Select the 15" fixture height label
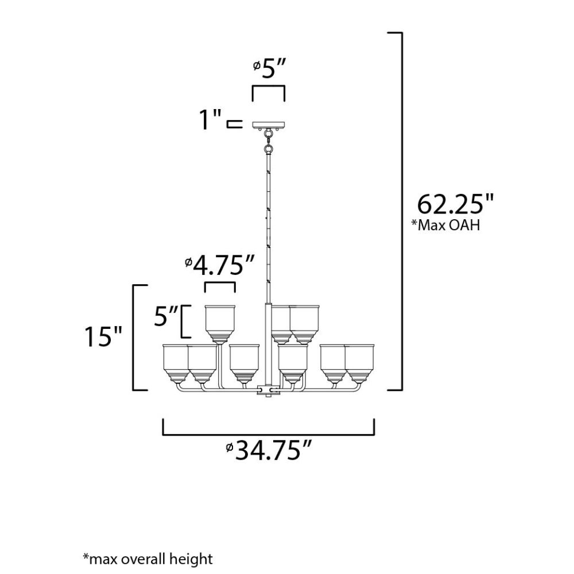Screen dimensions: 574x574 point(103,336)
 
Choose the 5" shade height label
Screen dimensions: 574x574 point(165,316)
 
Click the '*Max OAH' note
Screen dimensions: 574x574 point(445,225)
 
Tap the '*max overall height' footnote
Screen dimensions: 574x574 point(148,559)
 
